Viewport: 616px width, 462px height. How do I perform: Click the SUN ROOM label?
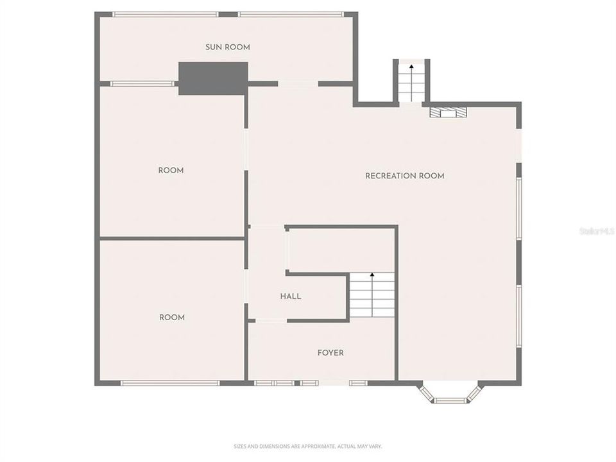(x=228, y=47)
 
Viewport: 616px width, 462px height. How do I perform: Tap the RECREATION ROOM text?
(x=404, y=176)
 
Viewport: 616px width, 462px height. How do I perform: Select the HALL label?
(x=290, y=296)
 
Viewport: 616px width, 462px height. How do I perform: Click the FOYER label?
(x=330, y=353)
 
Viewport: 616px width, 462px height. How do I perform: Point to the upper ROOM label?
(x=171, y=170)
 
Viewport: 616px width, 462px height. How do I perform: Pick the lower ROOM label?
(x=171, y=318)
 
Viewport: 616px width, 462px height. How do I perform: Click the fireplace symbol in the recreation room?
(x=448, y=112)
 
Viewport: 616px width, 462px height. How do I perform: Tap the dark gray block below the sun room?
(x=213, y=78)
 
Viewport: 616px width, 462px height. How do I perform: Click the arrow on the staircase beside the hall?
(x=372, y=278)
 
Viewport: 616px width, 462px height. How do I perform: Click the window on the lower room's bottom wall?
(x=170, y=383)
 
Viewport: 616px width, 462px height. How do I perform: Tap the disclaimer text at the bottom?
(x=307, y=446)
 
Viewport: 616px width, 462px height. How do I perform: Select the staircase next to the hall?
(x=372, y=296)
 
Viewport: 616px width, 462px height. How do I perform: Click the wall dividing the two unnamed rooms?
(x=172, y=239)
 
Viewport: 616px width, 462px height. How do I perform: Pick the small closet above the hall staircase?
(x=340, y=250)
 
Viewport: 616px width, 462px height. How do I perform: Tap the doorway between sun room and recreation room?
(x=298, y=83)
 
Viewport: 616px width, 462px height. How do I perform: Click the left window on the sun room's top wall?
(x=166, y=14)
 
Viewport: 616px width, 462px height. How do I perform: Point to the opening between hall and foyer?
(x=271, y=320)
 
